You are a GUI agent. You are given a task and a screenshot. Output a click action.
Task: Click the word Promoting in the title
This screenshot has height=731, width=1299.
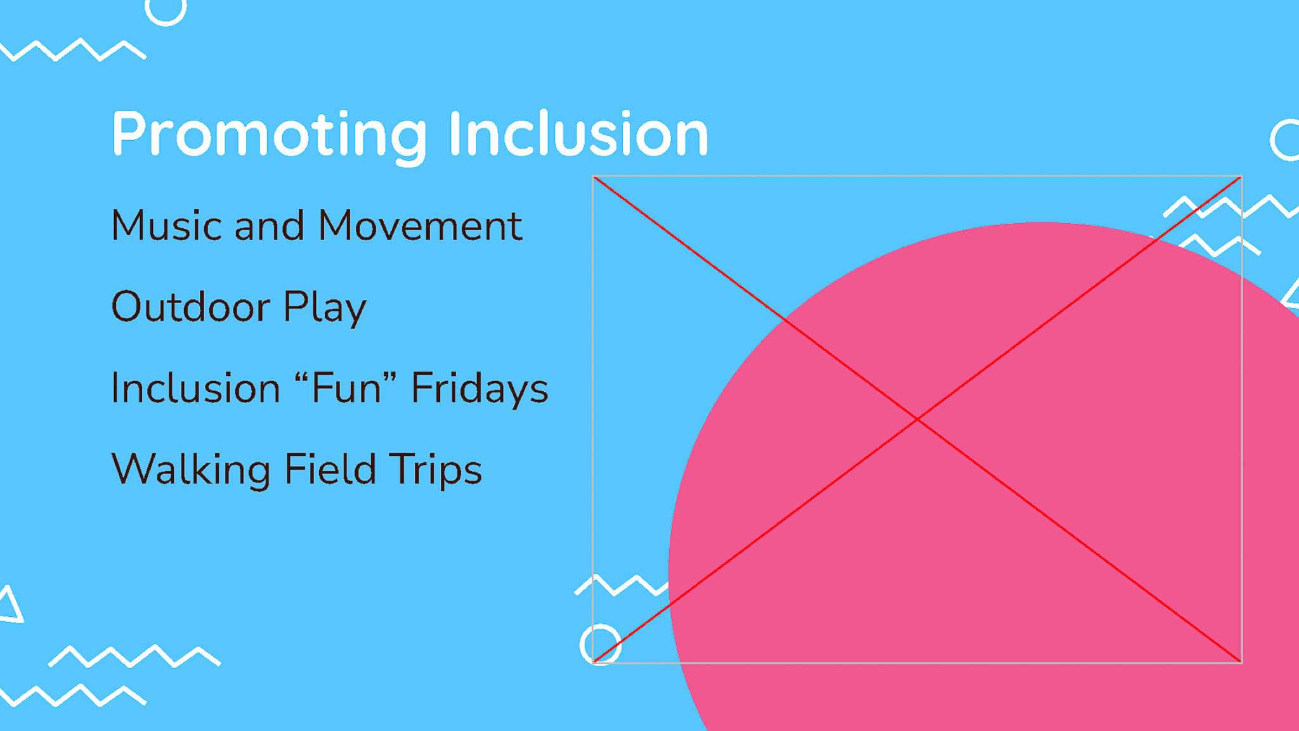coord(270,136)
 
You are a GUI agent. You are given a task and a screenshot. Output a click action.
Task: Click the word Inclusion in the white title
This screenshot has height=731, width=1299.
coord(578,133)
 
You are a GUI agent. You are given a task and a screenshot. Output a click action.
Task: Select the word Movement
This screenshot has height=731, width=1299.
coord(420,226)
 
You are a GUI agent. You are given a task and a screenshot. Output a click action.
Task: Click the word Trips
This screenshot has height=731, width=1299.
coord(435,470)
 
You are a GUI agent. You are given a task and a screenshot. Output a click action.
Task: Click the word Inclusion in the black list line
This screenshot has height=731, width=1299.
coord(195,387)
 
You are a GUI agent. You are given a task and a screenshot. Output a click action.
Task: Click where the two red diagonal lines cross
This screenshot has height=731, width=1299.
coord(917,419)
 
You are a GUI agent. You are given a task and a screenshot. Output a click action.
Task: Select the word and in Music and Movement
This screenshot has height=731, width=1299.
coord(270,226)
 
